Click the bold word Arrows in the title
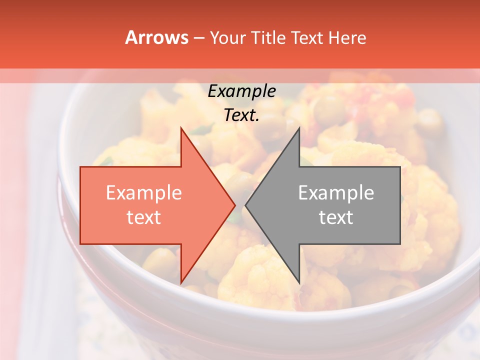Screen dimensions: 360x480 [x=157, y=37]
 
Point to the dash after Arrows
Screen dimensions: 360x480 [x=198, y=38]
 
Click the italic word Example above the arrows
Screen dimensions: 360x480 [x=241, y=91]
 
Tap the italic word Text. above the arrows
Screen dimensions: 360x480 [x=241, y=115]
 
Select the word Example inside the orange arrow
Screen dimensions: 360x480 [x=143, y=193]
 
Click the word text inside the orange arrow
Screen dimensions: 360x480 [x=143, y=217]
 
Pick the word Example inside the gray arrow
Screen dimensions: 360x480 [x=336, y=193]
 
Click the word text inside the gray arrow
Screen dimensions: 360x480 [x=336, y=217]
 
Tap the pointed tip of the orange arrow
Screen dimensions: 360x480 [x=234, y=205]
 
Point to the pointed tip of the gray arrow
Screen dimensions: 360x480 [x=246, y=205]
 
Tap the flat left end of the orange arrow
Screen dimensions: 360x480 [x=81, y=205]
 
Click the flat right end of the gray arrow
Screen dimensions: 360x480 [x=399, y=205]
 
